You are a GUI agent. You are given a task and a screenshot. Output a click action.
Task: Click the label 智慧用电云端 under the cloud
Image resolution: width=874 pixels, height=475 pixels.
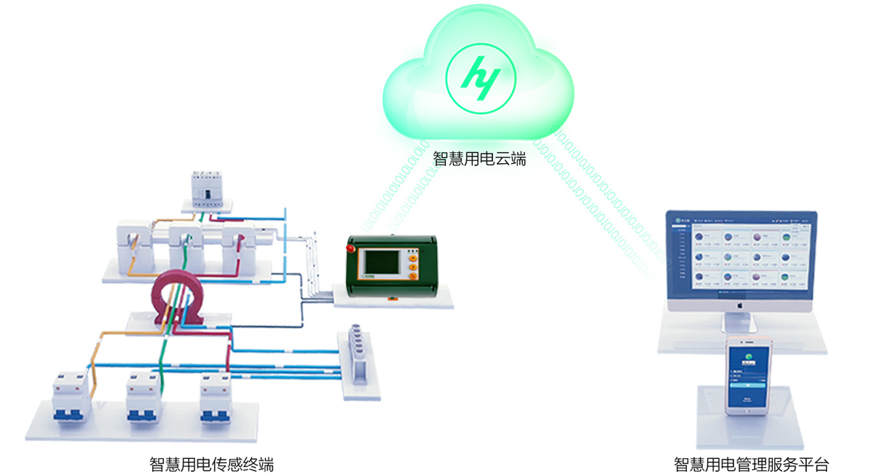pyautogui.click(x=479, y=159)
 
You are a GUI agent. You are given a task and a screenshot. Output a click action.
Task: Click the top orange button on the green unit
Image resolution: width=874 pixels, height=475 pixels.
pyautogui.click(x=413, y=256)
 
